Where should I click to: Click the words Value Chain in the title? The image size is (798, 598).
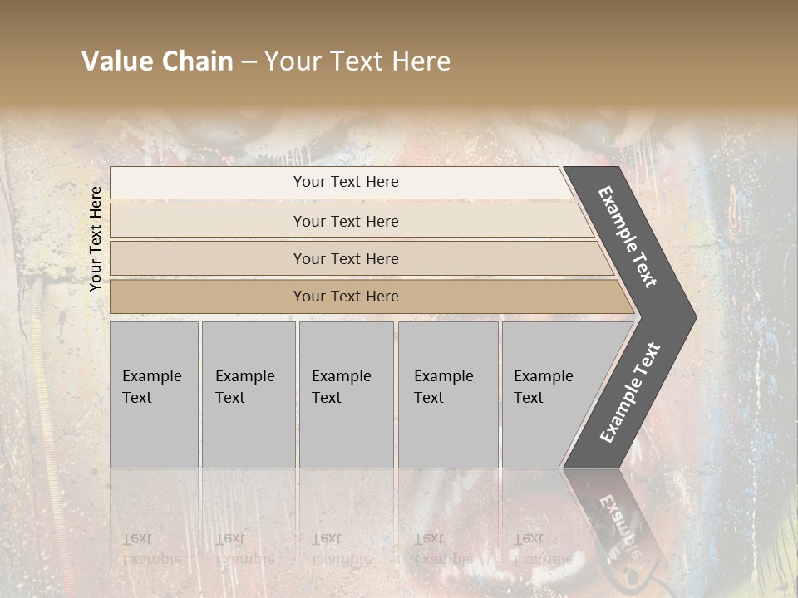point(157,61)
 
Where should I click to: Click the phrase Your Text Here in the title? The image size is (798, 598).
point(357,61)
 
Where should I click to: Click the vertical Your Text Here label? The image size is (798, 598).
point(96,238)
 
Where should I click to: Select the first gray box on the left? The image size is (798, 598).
point(154,395)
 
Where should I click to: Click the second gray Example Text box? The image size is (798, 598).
point(248,395)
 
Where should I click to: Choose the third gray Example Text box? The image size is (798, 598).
point(346,395)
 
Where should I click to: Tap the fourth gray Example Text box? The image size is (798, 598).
point(448,395)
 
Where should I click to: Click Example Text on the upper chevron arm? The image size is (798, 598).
point(628,237)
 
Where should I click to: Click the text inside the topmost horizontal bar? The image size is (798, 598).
point(346,182)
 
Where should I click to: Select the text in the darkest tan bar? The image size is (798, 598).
point(346,297)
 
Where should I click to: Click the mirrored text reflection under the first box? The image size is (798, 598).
point(150,548)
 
